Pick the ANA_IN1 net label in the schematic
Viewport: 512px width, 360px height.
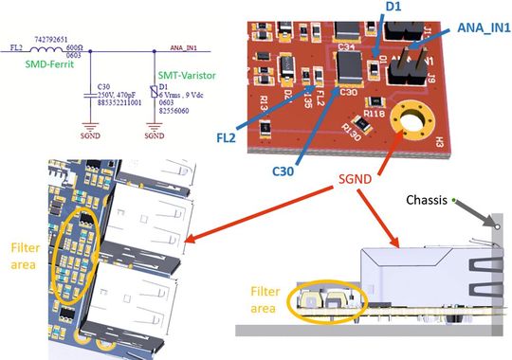187,45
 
